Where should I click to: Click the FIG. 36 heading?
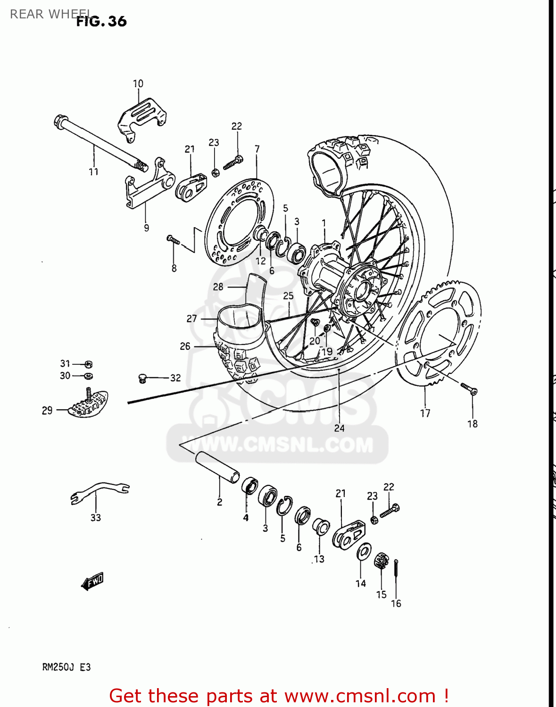pyautogui.click(x=101, y=21)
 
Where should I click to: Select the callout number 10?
pyautogui.click(x=138, y=83)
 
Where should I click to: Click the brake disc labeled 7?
pyautogui.click(x=241, y=222)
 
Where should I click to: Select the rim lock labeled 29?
pyautogui.click(x=88, y=404)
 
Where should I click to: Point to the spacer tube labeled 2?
pyautogui.click(x=217, y=467)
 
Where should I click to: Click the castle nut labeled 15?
pyautogui.click(x=381, y=561)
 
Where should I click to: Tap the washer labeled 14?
pyautogui.click(x=364, y=551)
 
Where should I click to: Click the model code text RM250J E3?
pyautogui.click(x=66, y=667)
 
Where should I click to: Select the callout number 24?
pyautogui.click(x=339, y=428)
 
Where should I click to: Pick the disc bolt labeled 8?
pyautogui.click(x=173, y=240)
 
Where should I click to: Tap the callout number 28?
pyautogui.click(x=218, y=287)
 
